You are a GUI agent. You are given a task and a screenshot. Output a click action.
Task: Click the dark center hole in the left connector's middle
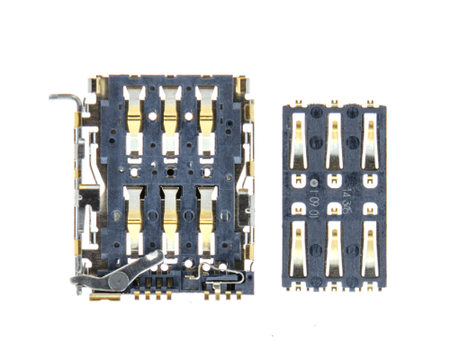tap(169, 168)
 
